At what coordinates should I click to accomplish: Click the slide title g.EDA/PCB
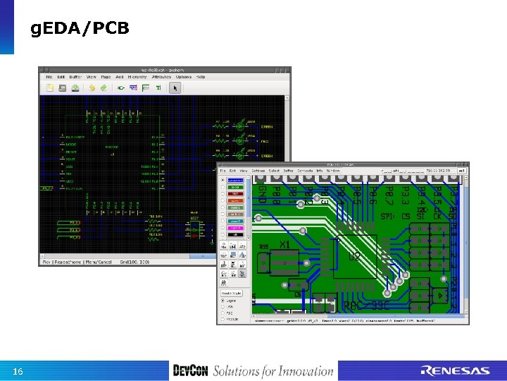[80, 30]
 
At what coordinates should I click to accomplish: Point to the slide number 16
[19, 372]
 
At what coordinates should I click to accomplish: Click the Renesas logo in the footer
[455, 371]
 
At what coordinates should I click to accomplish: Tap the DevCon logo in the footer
[190, 371]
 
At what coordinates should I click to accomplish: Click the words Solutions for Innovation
[273, 371]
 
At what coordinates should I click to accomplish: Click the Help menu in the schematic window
[201, 76]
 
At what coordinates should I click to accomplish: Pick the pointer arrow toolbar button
[175, 87]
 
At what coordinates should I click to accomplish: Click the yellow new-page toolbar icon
[50, 87]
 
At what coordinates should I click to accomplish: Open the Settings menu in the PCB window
[258, 170]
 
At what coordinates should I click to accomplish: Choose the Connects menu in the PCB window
[305, 170]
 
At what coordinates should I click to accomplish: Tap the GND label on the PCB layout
[261, 193]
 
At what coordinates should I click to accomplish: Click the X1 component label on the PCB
[285, 243]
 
